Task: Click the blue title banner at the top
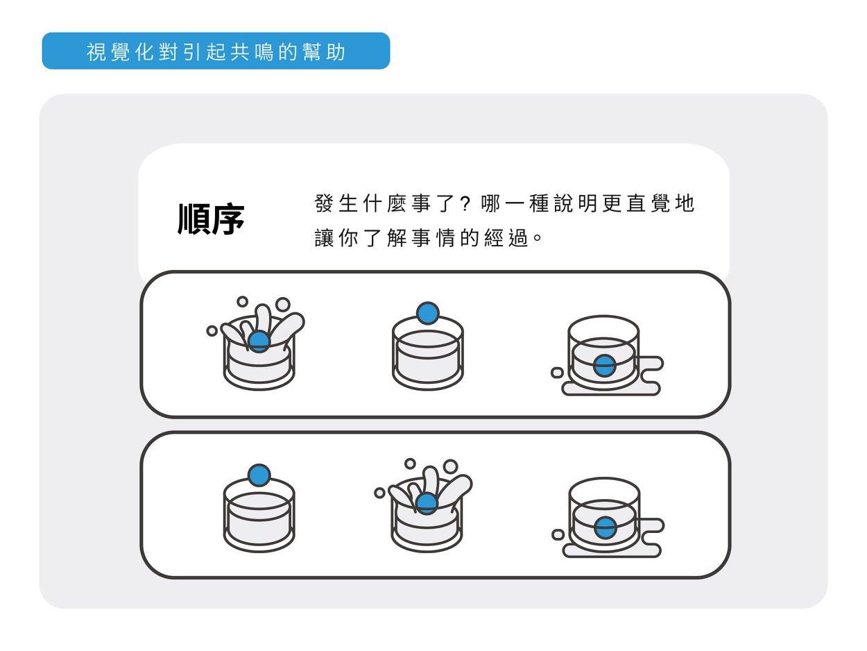[216, 51]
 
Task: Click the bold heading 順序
[211, 219]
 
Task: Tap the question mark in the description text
[465, 204]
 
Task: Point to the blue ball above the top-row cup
[428, 314]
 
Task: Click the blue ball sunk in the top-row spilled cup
[604, 366]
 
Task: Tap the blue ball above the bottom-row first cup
[259, 475]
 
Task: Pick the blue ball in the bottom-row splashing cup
[427, 504]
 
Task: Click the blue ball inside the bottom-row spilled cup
[605, 527]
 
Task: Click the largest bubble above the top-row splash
[283, 305]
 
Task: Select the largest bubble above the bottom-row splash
[450, 466]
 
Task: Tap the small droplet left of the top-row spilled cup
[557, 372]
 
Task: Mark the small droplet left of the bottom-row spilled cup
[558, 534]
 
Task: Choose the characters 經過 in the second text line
[506, 238]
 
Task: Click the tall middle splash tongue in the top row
[263, 319]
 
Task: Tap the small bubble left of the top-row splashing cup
[212, 331]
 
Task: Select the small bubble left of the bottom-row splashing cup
[379, 493]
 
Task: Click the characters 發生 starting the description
[336, 203]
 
